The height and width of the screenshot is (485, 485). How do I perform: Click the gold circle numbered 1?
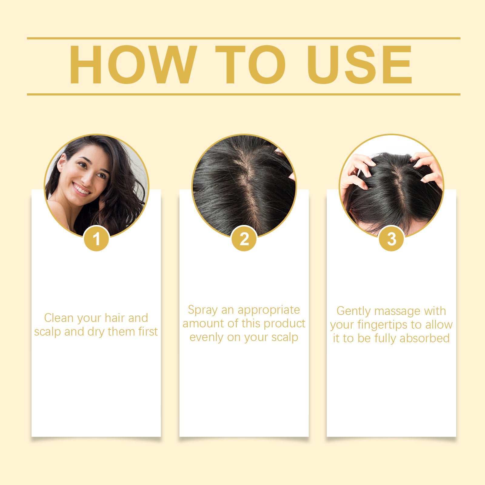(96, 239)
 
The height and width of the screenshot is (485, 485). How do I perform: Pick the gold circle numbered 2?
(244, 239)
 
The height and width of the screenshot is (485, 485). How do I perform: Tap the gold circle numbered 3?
(391, 239)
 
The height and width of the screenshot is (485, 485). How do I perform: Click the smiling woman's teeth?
(82, 189)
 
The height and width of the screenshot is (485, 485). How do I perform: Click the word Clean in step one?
(59, 318)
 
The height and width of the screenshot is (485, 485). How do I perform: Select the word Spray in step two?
(202, 310)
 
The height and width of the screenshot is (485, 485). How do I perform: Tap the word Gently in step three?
(353, 311)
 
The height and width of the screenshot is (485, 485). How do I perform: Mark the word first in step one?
(148, 332)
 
